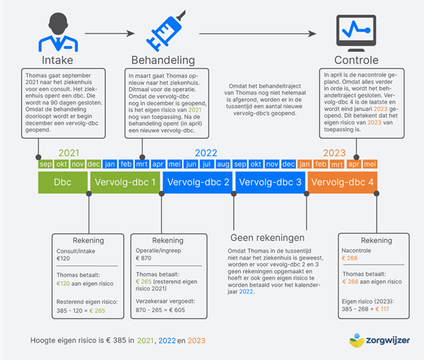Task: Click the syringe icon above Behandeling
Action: (x=165, y=31)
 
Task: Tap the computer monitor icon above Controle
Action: (x=356, y=33)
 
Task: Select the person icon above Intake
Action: (x=58, y=32)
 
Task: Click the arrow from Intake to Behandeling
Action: (x=110, y=33)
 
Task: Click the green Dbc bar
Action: (x=63, y=182)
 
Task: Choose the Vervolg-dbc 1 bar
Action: (x=125, y=182)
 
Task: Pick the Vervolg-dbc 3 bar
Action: (x=270, y=182)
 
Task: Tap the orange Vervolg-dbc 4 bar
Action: (x=342, y=182)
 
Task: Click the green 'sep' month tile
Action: (x=45, y=164)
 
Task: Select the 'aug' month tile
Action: (x=223, y=164)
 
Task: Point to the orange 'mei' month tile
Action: (x=370, y=164)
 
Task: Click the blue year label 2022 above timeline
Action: (x=206, y=153)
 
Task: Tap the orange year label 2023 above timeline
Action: (x=334, y=153)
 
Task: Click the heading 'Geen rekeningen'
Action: (x=267, y=238)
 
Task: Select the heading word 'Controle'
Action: (x=356, y=60)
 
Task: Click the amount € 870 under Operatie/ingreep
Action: (x=143, y=258)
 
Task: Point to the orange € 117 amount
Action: (x=382, y=309)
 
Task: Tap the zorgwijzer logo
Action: (x=379, y=340)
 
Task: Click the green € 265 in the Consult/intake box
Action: (x=97, y=311)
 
